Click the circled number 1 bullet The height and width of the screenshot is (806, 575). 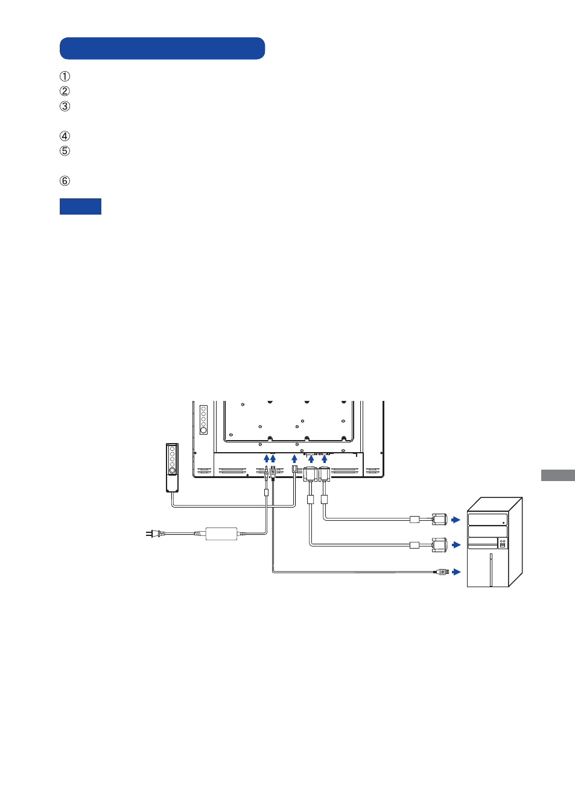(65, 77)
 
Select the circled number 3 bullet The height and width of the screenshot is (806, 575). (65, 106)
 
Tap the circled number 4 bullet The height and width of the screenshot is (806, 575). (65, 136)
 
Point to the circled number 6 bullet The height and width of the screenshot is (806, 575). (65, 181)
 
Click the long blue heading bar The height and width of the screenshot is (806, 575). (162, 48)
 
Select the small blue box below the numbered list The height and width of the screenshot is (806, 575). (80, 206)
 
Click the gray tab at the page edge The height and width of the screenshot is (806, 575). (558, 475)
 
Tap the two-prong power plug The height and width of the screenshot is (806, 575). (155, 534)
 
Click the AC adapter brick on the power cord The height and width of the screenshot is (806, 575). (221, 534)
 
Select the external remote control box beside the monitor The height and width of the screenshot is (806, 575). (172, 468)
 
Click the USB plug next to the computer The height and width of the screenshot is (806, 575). (442, 571)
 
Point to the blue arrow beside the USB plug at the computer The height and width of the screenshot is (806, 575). (456, 571)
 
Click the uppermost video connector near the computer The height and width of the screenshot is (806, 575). (439, 520)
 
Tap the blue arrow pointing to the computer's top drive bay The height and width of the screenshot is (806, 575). (456, 520)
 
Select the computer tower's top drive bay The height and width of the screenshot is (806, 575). (488, 520)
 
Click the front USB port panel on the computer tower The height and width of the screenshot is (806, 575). (503, 544)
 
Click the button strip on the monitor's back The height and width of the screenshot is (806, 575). (203, 420)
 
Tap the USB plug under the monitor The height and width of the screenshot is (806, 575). (273, 473)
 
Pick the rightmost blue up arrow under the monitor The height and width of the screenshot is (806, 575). (325, 459)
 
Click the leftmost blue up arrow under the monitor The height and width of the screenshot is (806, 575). (267, 458)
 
